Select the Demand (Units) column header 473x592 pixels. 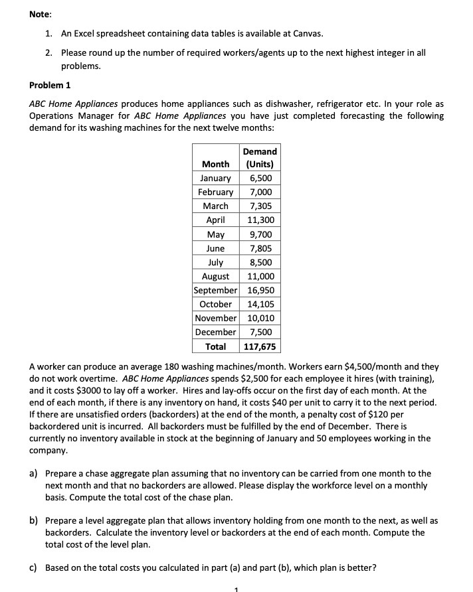(x=260, y=158)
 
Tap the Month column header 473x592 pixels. (x=216, y=164)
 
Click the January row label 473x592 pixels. (x=215, y=178)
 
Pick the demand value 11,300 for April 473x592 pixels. (x=260, y=220)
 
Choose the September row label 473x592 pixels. (x=215, y=290)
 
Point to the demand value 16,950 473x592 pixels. (x=260, y=290)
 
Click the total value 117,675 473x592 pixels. (x=260, y=346)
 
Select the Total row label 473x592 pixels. (x=215, y=346)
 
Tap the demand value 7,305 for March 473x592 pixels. (x=260, y=206)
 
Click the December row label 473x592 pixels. (x=215, y=332)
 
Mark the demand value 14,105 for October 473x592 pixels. (x=260, y=304)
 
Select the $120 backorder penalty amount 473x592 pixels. (x=391, y=413)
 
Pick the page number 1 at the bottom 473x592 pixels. (x=236, y=588)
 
